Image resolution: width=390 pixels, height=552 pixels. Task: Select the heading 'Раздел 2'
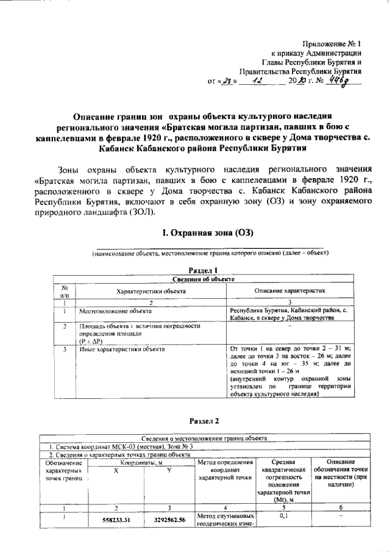(204, 421)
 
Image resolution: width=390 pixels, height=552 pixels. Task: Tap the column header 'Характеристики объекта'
(151, 292)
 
